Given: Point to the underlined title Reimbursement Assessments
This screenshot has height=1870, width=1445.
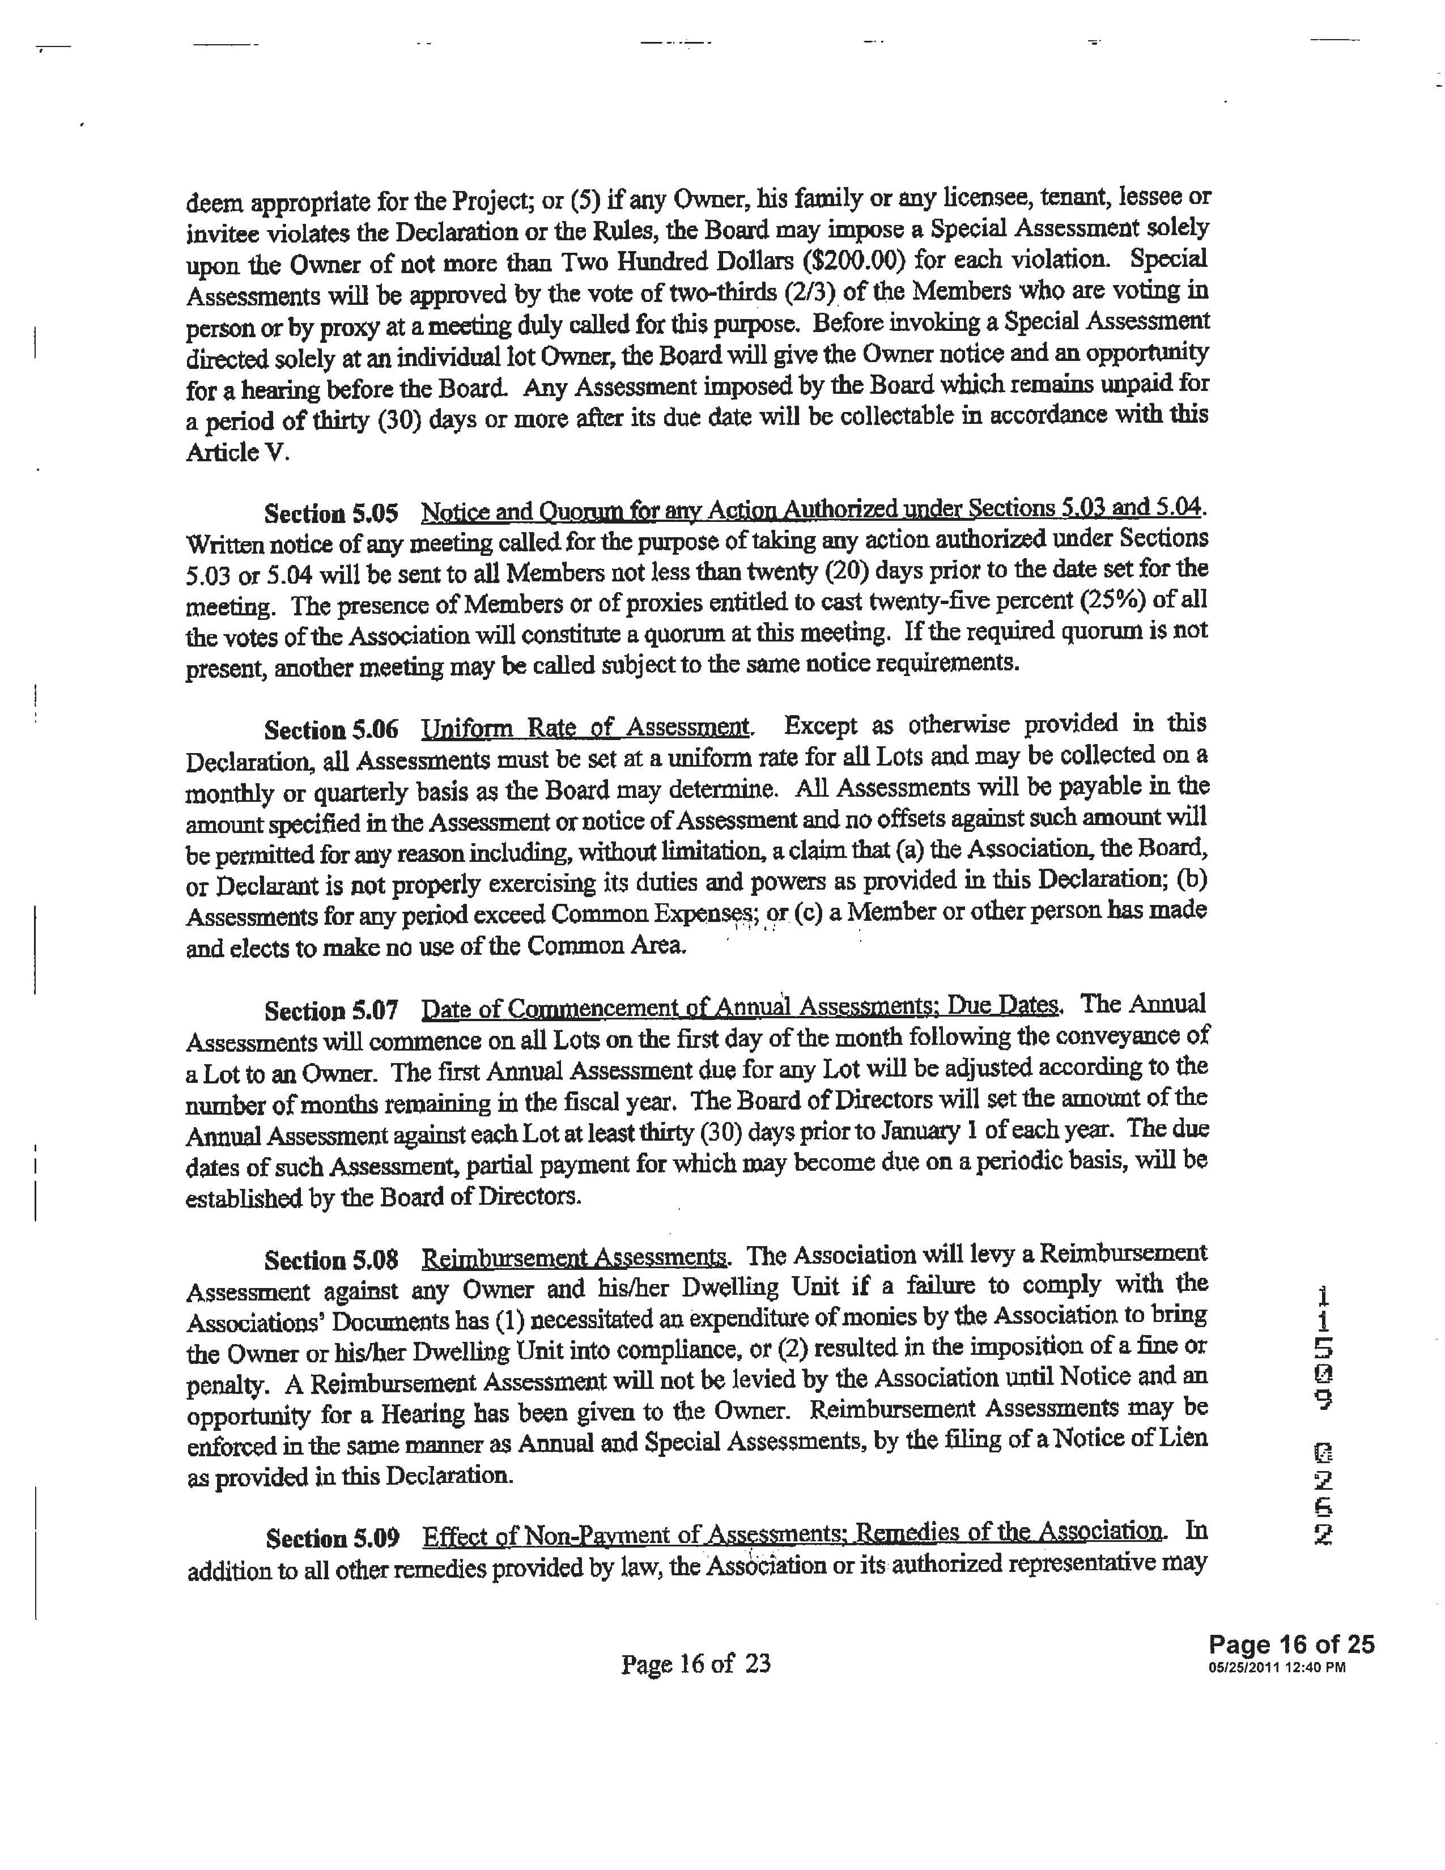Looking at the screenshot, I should (x=575, y=1258).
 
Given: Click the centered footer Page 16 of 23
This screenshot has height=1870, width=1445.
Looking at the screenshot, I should (x=695, y=1664).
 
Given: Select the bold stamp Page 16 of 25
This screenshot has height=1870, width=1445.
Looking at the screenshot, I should (x=1291, y=1644).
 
